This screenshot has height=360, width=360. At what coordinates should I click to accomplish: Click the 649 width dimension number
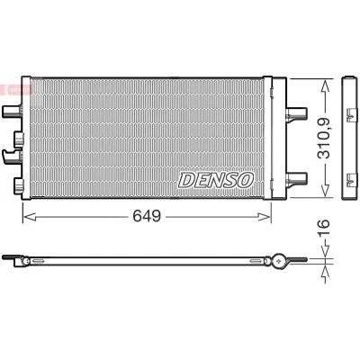[x=147, y=216]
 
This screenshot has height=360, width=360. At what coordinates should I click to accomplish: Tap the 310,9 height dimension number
[x=324, y=138]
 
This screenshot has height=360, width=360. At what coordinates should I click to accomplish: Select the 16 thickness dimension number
[x=323, y=228]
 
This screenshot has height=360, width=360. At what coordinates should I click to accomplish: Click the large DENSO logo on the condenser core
[x=216, y=180]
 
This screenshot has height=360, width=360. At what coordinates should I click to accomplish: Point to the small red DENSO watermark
[x=16, y=89]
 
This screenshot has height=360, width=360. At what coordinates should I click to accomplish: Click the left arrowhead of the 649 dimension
[x=30, y=217]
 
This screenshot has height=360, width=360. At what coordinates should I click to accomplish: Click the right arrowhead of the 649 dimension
[x=265, y=217]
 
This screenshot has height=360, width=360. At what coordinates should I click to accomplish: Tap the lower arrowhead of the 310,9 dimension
[x=325, y=191]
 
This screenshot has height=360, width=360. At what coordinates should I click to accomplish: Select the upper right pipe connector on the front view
[x=296, y=113]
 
